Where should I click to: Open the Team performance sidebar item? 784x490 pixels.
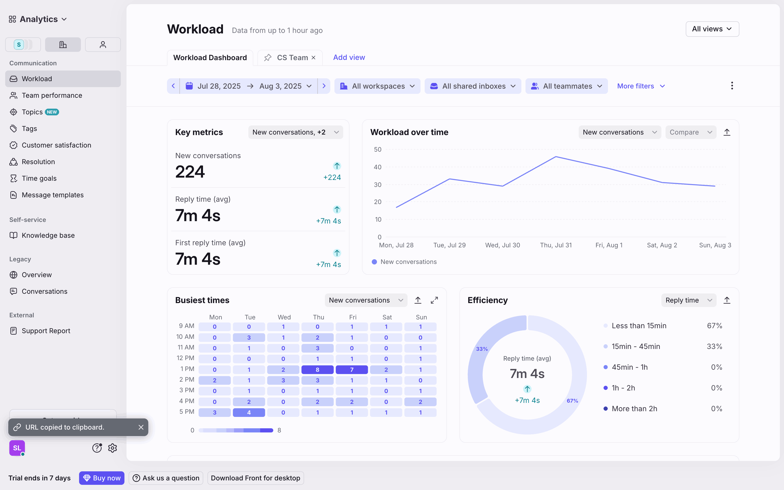click(52, 95)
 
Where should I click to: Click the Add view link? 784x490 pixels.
click(349, 57)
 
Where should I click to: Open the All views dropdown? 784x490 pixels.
click(712, 29)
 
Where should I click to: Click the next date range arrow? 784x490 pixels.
click(324, 86)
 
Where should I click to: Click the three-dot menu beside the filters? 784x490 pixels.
click(732, 86)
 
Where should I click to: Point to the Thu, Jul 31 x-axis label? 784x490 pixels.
click(556, 245)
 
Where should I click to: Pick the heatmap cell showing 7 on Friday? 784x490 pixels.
click(352, 370)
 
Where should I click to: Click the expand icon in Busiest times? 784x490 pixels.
click(434, 300)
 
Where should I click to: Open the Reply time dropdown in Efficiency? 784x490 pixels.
click(688, 300)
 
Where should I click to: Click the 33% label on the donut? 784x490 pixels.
click(482, 349)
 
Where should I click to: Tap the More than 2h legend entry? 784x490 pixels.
click(634, 409)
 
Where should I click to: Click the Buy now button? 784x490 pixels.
click(102, 478)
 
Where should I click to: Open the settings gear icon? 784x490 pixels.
click(113, 448)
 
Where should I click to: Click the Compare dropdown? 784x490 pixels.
click(690, 132)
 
